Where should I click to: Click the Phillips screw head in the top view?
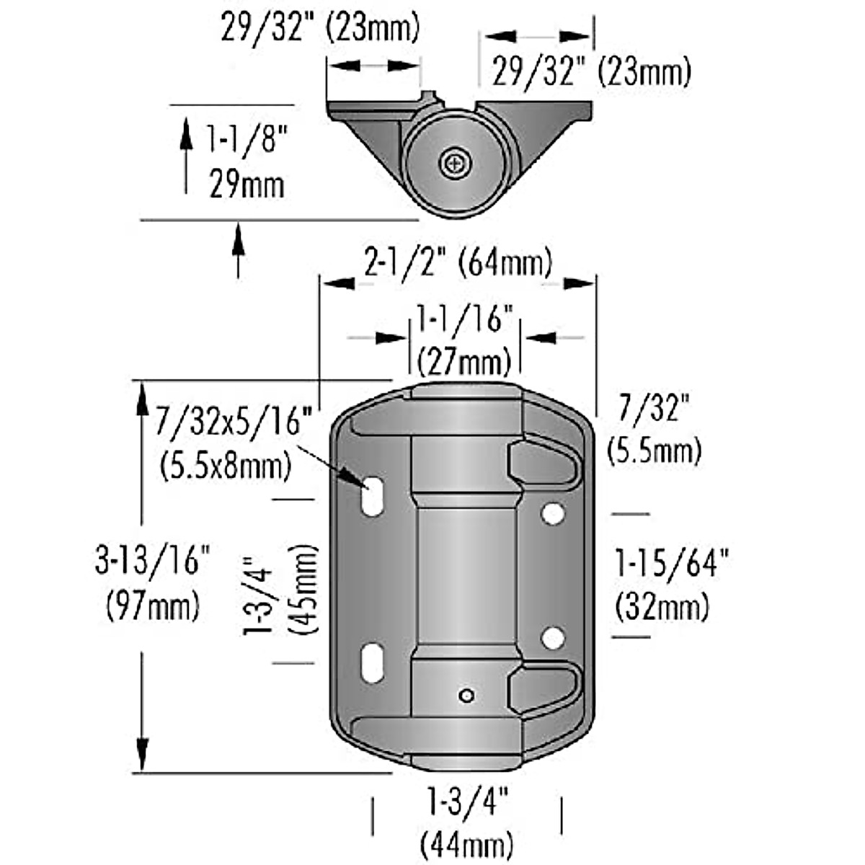[455, 163]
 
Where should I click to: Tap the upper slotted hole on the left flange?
[373, 496]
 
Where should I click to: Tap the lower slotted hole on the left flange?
[373, 663]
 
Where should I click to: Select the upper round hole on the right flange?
[553, 513]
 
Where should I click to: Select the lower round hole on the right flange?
[553, 638]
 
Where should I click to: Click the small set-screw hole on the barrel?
[467, 695]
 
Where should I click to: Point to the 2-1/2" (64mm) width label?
[458, 262]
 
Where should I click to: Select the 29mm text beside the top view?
[247, 185]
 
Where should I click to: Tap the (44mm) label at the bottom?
[467, 843]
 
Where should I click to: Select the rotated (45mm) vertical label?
[303, 589]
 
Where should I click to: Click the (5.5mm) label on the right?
[654, 452]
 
